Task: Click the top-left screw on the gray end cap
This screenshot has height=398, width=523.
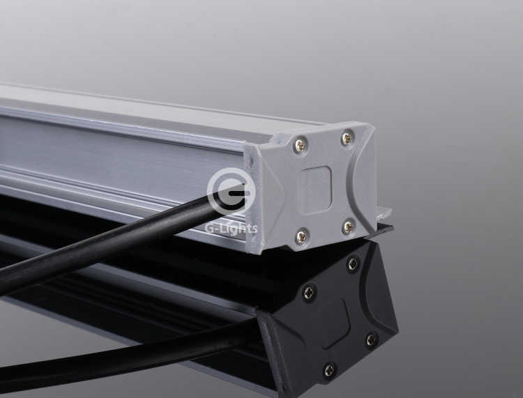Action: point(300,146)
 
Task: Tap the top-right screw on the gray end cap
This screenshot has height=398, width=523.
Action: point(347,137)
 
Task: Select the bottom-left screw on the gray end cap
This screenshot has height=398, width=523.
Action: point(301,237)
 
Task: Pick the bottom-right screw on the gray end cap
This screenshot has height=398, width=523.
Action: point(349,227)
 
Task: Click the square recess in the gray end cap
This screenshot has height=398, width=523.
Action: point(315,190)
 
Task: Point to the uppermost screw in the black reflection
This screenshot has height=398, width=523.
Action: point(353,264)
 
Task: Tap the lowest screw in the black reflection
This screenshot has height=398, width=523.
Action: point(330,369)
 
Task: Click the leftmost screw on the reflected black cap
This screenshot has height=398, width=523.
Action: point(309,293)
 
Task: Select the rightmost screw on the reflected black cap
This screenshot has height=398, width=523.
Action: point(371,339)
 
